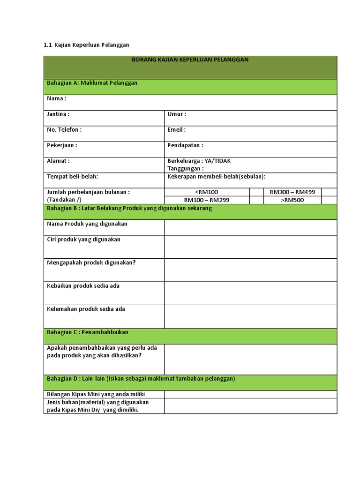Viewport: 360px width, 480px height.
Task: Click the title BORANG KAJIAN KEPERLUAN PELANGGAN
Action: point(190,60)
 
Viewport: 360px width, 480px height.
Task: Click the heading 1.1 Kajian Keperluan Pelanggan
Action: point(86,45)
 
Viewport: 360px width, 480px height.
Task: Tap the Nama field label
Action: point(57,98)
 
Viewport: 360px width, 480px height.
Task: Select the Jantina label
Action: point(58,114)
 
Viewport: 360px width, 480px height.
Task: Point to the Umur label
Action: point(177,114)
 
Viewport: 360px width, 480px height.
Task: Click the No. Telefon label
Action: point(64,129)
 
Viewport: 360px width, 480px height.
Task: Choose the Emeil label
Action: point(177,129)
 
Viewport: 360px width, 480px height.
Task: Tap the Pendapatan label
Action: point(185,145)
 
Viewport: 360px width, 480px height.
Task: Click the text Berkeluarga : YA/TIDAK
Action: point(199,161)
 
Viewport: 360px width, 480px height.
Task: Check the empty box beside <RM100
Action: point(256,192)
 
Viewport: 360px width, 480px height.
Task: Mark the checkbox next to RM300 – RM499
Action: point(329,192)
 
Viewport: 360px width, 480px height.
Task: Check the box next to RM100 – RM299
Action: point(256,200)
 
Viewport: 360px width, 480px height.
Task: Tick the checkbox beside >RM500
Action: point(329,200)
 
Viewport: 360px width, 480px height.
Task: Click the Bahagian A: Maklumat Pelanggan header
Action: point(92,83)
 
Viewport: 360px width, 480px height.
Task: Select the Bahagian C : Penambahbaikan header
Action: point(88,332)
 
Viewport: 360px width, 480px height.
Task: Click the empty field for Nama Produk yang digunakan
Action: point(250,227)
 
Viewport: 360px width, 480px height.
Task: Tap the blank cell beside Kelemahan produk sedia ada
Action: point(250,316)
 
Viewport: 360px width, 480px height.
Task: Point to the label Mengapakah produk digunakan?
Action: point(91,262)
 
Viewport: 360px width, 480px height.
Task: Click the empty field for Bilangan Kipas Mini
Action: point(250,394)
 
